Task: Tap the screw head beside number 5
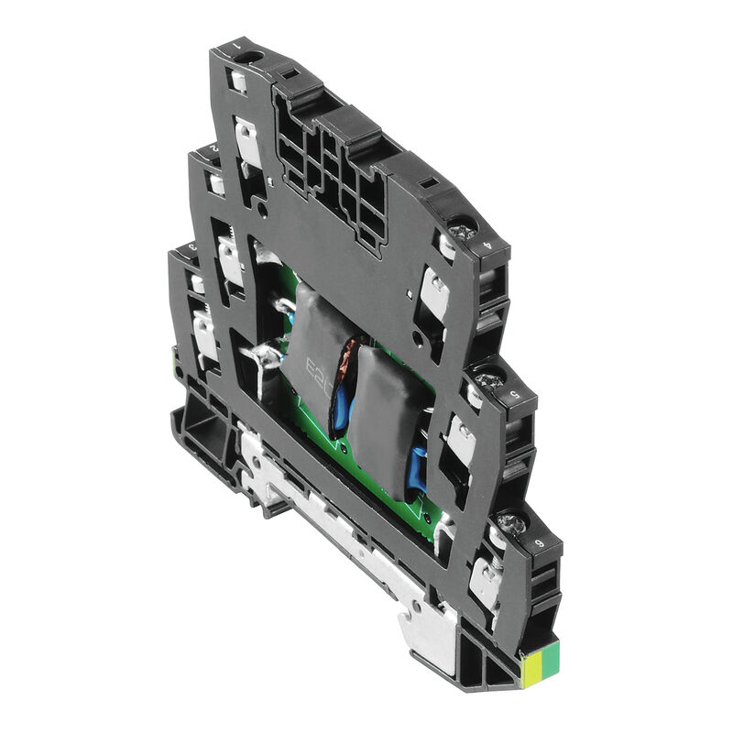[487, 377]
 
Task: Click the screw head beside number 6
[511, 523]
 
